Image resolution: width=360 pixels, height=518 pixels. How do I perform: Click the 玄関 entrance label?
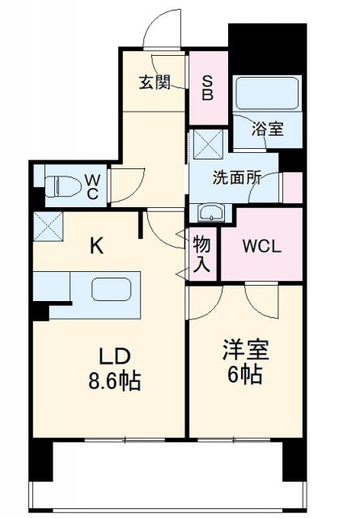tap(154, 83)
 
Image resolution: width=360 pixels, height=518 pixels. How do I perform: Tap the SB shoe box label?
tap(208, 87)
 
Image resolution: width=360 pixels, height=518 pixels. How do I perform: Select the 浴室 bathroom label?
tap(267, 129)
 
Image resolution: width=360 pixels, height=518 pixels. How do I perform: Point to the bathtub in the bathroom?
tap(267, 95)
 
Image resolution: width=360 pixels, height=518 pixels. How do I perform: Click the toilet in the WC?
tap(59, 186)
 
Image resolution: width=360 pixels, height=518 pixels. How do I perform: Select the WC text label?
tap(92, 186)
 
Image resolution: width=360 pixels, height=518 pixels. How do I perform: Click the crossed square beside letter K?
tap(48, 226)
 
